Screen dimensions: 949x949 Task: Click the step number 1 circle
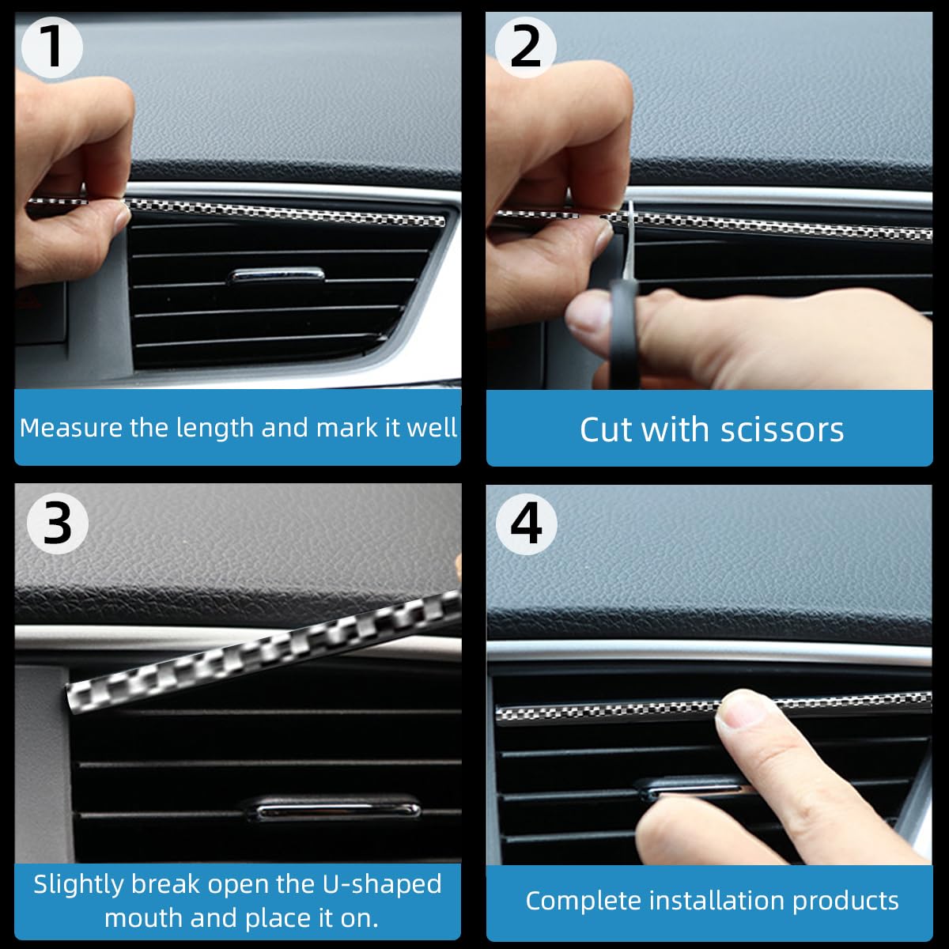[x=51, y=47]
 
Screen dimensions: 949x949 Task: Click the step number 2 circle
[x=525, y=47]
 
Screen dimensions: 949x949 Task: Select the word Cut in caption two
[x=607, y=429]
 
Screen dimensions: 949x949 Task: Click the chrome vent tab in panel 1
[x=275, y=275]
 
